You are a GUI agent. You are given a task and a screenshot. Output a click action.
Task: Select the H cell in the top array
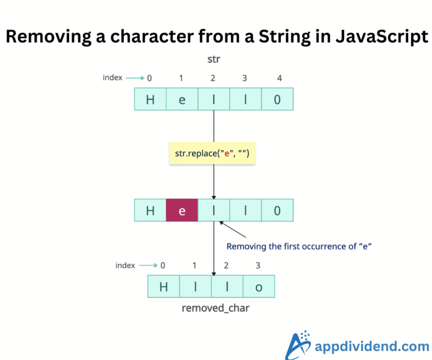pos(150,100)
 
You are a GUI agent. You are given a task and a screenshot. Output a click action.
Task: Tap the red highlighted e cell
pos(182,211)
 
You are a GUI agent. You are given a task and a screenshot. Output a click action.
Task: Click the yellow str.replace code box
pos(212,153)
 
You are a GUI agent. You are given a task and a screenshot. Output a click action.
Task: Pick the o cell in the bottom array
pos(259,287)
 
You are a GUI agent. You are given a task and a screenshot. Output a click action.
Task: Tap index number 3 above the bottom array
pos(258,265)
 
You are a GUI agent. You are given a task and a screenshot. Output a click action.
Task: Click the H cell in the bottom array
pos(164,287)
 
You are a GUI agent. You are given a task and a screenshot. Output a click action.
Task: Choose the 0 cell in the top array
pos(277,100)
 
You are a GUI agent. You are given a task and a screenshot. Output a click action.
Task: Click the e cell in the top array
pos(182,100)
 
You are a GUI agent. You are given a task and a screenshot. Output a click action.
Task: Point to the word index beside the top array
pos(112,78)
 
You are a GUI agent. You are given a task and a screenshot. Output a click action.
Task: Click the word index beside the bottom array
pos(125,265)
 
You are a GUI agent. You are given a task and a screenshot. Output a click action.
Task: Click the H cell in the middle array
pos(150,211)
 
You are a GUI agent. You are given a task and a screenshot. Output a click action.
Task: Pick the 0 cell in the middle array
pos(277,211)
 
